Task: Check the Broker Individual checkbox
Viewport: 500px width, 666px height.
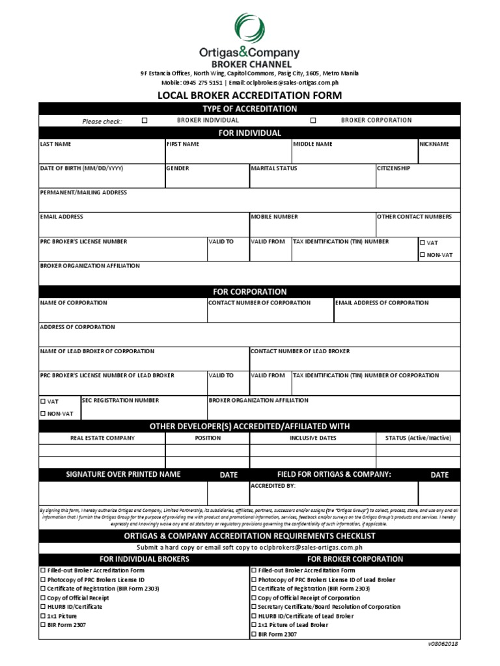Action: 145,120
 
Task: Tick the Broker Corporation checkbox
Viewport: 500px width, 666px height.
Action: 313,120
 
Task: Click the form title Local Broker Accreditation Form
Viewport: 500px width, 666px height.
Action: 250,95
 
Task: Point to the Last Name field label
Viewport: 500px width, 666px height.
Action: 56,144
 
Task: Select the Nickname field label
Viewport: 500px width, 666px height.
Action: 434,144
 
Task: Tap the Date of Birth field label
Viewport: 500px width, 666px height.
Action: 81,168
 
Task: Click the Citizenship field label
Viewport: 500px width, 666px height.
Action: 393,168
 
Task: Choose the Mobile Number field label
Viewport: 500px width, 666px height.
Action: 275,217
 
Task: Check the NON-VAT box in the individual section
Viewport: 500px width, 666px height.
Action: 423,255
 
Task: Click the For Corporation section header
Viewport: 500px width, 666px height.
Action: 250,291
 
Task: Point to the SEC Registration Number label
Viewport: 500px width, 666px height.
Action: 120,401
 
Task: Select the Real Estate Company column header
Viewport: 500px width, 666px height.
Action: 102,438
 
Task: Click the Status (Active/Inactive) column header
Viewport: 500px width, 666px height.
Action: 418,438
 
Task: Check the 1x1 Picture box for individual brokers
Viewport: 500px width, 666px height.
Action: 43,615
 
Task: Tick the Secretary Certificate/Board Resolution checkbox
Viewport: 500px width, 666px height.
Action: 255,606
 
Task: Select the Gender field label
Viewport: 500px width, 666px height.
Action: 178,168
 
